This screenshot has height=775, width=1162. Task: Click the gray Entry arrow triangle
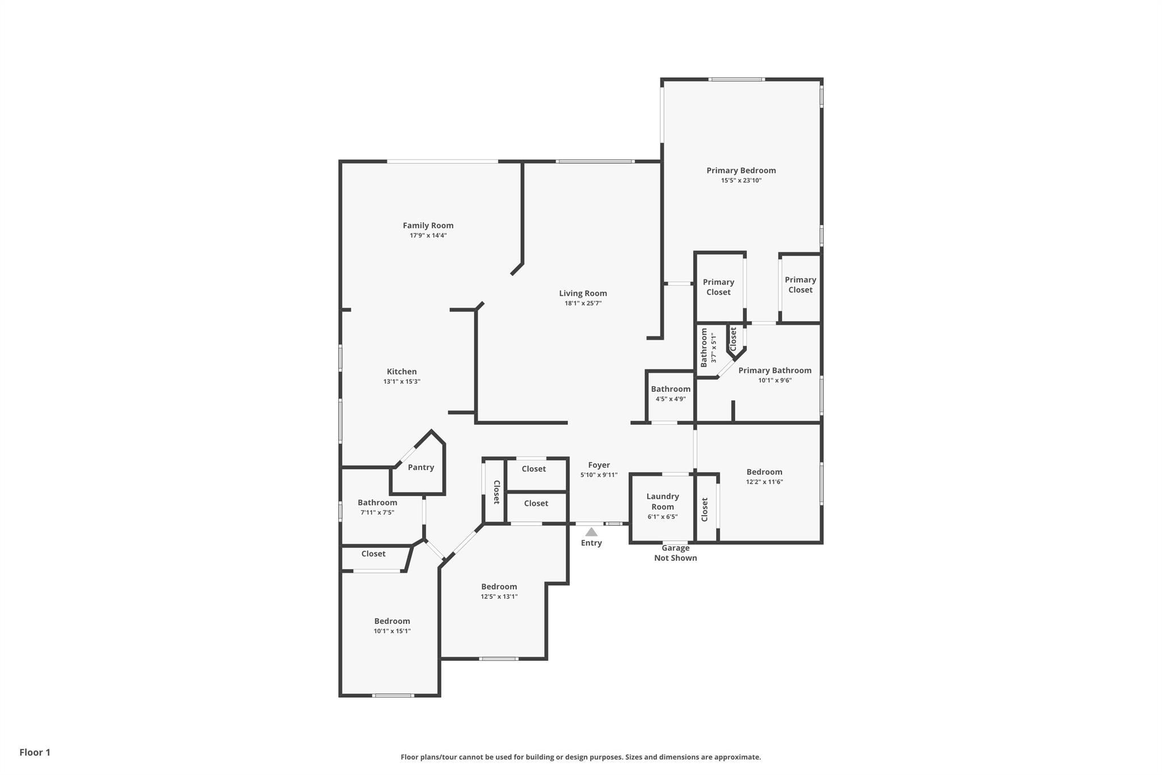click(x=591, y=532)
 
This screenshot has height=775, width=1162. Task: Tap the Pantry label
click(x=421, y=467)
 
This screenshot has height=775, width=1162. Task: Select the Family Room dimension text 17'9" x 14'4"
click(x=428, y=236)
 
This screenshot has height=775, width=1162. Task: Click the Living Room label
click(x=583, y=294)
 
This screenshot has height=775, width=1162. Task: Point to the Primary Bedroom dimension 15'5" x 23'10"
click(x=741, y=181)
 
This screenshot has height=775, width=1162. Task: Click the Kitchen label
click(x=402, y=372)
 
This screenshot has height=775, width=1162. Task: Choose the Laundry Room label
click(x=663, y=501)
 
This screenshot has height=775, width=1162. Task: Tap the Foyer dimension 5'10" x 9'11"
click(x=599, y=475)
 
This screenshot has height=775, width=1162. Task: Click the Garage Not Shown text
click(x=676, y=553)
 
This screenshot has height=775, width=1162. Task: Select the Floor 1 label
click(x=35, y=752)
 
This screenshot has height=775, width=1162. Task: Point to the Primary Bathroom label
click(x=775, y=371)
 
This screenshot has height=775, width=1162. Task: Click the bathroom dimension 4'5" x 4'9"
click(x=671, y=399)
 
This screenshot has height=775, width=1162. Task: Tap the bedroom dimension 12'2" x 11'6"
click(x=764, y=482)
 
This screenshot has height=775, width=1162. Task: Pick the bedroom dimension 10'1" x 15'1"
click(x=392, y=631)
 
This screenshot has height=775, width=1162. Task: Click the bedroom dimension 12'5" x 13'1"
click(x=499, y=597)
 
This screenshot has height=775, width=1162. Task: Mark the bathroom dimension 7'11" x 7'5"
click(x=377, y=513)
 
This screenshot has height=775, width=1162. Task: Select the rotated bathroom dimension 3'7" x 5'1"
click(x=714, y=347)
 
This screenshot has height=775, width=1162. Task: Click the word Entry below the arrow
click(x=591, y=543)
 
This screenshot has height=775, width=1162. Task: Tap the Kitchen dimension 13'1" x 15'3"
click(x=402, y=382)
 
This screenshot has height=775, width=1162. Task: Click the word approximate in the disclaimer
click(x=737, y=757)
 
